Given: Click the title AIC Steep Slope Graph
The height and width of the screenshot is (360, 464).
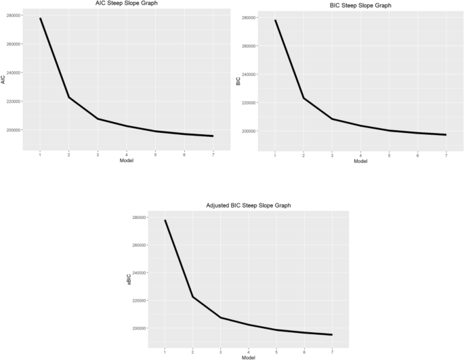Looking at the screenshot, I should click(117, 4).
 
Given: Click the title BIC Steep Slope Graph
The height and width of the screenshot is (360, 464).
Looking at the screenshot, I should click(352, 5).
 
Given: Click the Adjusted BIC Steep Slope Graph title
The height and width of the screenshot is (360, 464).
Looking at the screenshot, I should click(249, 205).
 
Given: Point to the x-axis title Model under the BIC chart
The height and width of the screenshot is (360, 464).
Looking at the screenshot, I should click(360, 161).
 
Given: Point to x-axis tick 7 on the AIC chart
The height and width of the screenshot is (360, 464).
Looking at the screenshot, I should click(213, 154).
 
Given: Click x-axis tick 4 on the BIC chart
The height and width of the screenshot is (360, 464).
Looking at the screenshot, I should click(360, 155).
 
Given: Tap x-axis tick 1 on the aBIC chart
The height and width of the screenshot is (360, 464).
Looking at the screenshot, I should click(165, 351).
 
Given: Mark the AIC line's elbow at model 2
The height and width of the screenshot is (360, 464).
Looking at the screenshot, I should click(69, 98).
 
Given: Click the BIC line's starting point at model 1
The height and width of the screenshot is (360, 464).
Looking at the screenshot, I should click(275, 20).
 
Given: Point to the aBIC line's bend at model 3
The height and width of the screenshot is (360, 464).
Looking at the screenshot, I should click(222, 317).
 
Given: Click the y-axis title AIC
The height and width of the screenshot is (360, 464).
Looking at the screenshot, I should click(4, 79).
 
